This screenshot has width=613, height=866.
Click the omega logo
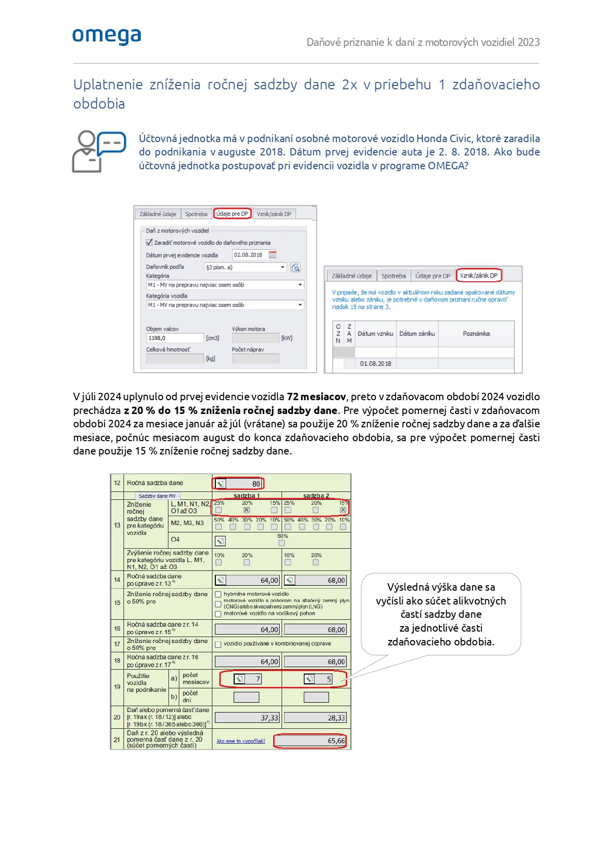107,36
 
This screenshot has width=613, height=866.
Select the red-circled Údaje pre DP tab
232,214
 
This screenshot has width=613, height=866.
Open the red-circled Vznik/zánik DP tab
478,275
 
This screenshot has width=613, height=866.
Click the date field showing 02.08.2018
249,255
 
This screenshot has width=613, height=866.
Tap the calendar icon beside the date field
272,255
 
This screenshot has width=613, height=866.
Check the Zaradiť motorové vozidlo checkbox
149,242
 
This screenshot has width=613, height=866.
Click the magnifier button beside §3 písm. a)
295,267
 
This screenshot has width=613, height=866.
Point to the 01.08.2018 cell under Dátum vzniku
375,364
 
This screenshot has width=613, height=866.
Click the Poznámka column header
476,334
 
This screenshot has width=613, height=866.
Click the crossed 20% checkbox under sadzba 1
246,510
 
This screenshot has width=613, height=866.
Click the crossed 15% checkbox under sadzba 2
343,510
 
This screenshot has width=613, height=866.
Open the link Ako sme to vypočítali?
241,741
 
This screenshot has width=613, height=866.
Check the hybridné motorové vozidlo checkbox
218,594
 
